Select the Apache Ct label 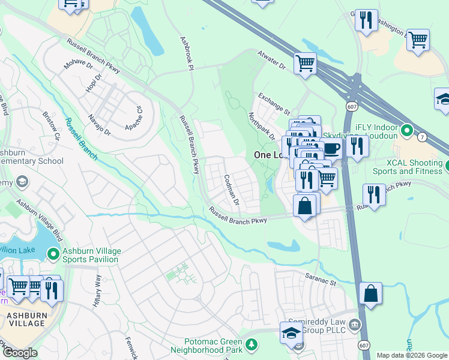(x=135, y=111)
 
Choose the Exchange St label (x=274, y=103)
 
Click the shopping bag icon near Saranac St (x=371, y=293)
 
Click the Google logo (x=20, y=353)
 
